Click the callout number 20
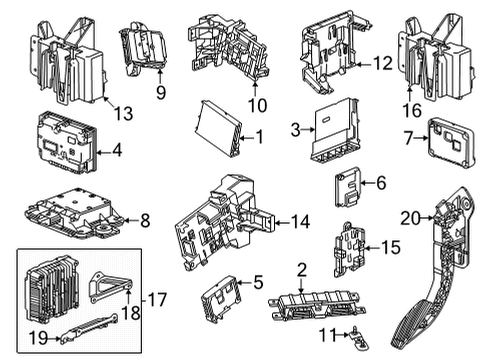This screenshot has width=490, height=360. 407,218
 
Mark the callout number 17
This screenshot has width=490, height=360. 158,299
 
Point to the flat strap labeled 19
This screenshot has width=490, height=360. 88,326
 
